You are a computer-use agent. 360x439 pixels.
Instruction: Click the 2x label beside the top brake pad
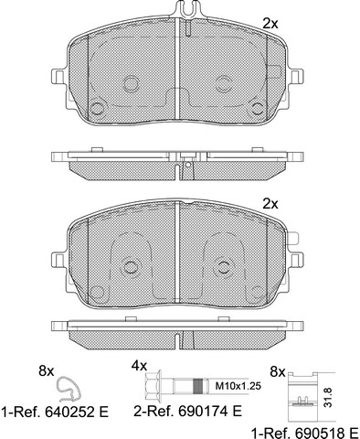270,24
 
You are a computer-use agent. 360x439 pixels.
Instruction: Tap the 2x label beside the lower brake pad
270,204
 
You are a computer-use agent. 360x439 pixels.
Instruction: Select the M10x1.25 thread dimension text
238,386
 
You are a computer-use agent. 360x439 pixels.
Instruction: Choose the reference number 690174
204,412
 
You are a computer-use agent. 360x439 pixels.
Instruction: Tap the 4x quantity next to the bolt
139,365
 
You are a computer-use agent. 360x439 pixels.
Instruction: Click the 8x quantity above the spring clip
47,371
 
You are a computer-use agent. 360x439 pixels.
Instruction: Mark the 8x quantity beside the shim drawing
278,372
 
